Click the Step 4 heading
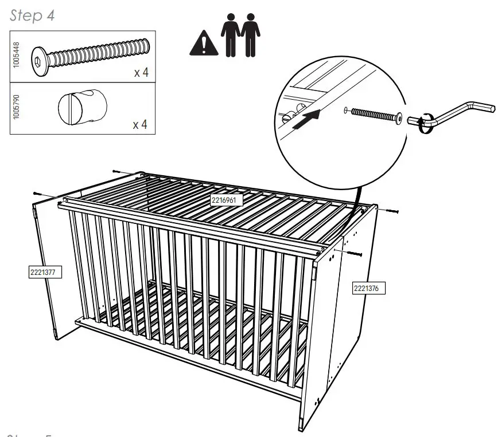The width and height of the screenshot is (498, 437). (x=33, y=15)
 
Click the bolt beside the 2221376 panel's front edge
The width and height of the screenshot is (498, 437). (x=353, y=253)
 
